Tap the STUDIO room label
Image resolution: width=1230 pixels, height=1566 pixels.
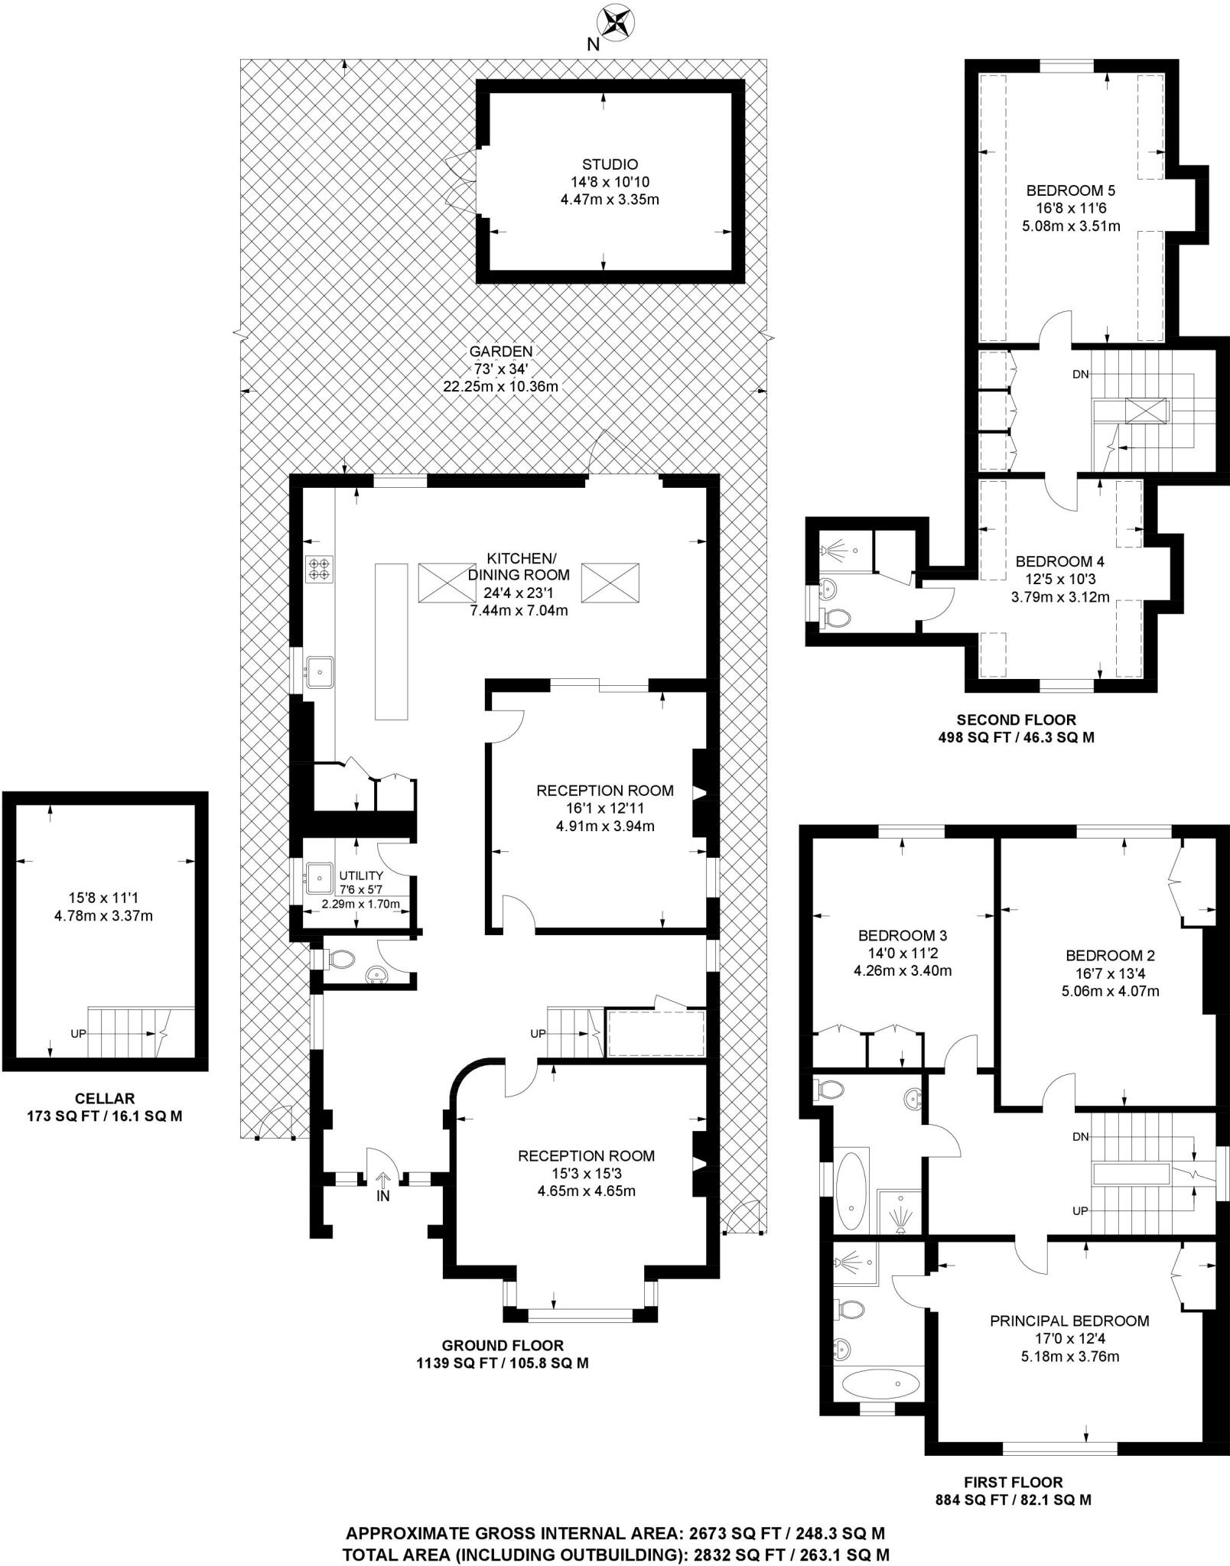(x=610, y=164)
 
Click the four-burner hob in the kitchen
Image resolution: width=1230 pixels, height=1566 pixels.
(x=318, y=569)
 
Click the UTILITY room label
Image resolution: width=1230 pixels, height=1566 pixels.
(x=361, y=875)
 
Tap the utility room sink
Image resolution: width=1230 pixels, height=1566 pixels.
(x=318, y=878)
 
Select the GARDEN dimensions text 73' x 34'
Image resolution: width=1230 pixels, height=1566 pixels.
(x=501, y=369)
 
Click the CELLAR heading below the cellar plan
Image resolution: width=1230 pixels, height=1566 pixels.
(x=105, y=1099)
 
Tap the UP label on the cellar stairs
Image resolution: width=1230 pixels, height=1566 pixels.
(x=78, y=1033)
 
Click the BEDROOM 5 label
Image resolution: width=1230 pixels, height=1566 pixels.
(x=1071, y=190)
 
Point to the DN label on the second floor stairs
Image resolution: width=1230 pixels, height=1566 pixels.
(x=1080, y=374)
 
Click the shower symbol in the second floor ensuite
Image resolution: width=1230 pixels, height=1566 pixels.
(x=833, y=549)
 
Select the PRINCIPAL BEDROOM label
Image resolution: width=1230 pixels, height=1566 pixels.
(x=1069, y=1321)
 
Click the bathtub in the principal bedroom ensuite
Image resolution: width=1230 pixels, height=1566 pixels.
(x=880, y=1382)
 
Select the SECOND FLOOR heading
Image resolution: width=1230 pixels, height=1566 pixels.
(x=1016, y=720)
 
